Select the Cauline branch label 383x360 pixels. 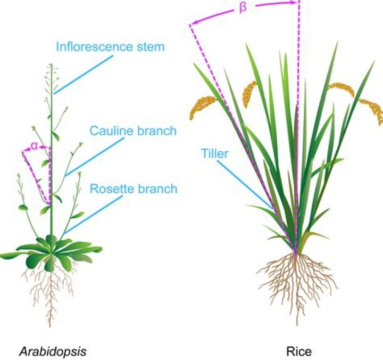[132, 130]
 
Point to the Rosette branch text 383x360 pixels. [133, 189]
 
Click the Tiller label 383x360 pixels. [214, 154]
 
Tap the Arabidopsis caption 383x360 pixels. [53, 351]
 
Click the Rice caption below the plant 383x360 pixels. [299, 351]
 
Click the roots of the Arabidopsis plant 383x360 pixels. [51, 293]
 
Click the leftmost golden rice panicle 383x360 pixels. [202, 107]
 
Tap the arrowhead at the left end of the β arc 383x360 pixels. [193, 23]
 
